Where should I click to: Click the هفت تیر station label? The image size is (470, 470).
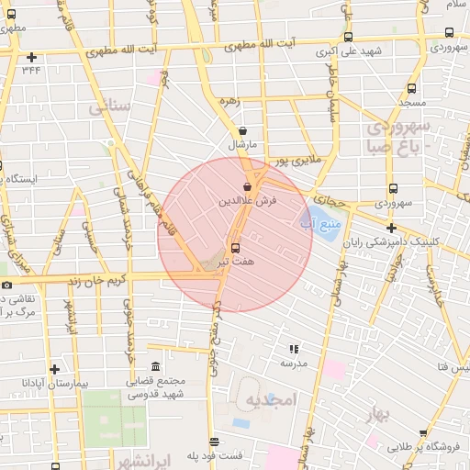tap(235, 262)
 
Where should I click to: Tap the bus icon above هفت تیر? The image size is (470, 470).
tap(236, 247)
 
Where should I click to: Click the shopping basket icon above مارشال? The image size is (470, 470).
tap(241, 131)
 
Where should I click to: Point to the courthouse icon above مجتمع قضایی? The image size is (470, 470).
tap(153, 366)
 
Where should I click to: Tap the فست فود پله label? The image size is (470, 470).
tap(215, 454)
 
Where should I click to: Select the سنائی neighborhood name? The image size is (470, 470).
tap(111, 107)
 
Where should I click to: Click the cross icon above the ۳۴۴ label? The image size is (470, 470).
tap(32, 57)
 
